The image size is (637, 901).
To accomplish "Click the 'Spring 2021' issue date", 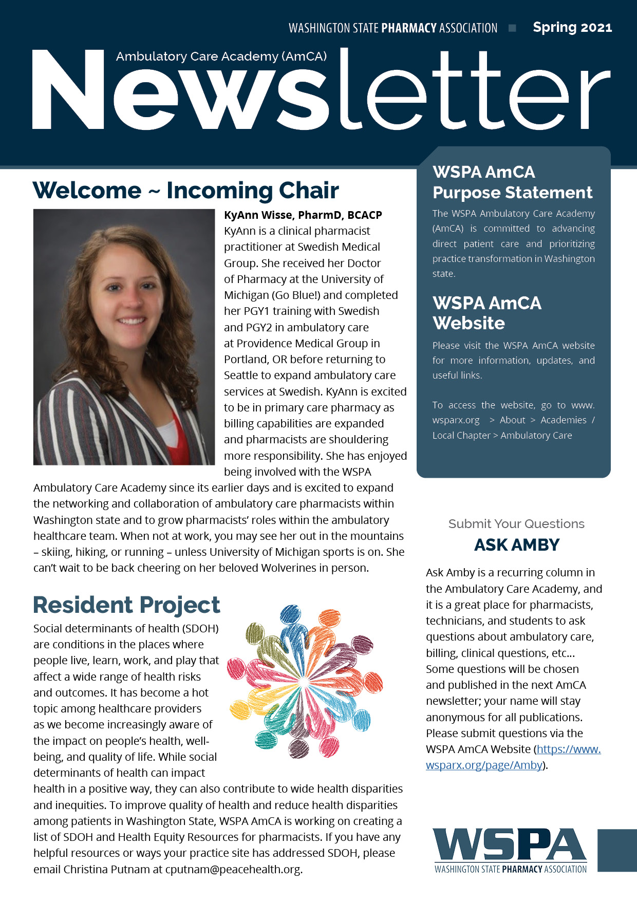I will click(x=572, y=27).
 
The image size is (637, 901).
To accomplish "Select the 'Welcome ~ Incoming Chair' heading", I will click(x=185, y=191).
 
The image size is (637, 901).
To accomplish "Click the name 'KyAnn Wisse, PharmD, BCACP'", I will click(x=303, y=215).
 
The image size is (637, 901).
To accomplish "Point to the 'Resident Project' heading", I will click(x=126, y=605).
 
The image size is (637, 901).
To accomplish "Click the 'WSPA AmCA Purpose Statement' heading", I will click(x=512, y=182).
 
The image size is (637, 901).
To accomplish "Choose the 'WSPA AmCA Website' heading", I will click(x=486, y=313).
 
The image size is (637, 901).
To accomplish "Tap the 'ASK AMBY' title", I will click(x=516, y=545).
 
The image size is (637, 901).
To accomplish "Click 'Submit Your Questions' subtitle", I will click(x=516, y=524).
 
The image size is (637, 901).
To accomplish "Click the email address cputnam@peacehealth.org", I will click(x=234, y=869).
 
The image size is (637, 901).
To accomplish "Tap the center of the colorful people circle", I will click(x=304, y=682).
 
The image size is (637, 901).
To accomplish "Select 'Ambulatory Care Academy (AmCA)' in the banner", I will click(x=221, y=57).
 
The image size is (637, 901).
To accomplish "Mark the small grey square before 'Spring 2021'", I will click(x=512, y=28).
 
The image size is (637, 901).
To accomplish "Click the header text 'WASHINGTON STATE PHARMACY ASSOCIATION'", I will click(x=393, y=28).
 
